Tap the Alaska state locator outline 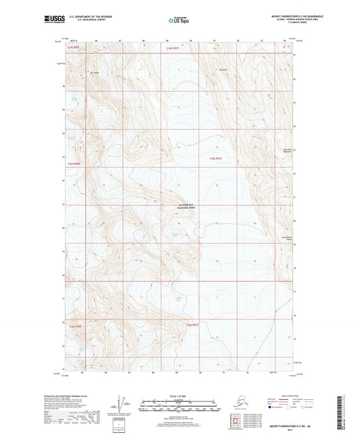tap(234, 401)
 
